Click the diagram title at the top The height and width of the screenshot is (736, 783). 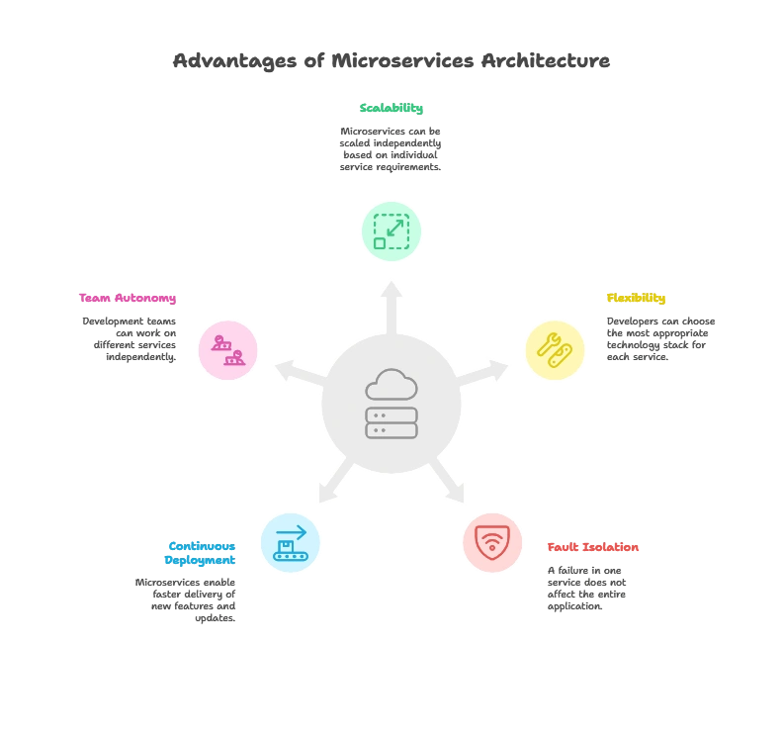[391, 61]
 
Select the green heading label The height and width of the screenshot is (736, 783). [391, 110]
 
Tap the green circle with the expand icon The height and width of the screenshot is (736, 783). [391, 231]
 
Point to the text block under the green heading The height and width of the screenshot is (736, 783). [391, 149]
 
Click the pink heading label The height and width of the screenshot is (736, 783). [128, 299]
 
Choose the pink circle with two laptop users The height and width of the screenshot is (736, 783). [228, 350]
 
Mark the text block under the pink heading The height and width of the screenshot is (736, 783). [132, 339]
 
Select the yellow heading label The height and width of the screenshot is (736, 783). [636, 300]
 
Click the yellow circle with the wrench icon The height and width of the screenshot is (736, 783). [555, 350]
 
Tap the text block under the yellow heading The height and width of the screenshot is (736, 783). [656, 339]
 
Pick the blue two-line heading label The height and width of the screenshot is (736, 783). [201, 553]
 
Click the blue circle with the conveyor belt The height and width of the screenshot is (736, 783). [291, 541]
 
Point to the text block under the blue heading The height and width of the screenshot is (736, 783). [188, 600]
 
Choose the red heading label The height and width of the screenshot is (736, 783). [593, 546]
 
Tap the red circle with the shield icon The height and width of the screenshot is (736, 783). [491, 542]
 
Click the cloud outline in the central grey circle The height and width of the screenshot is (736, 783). [391, 385]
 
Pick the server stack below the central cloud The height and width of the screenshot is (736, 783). [391, 422]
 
